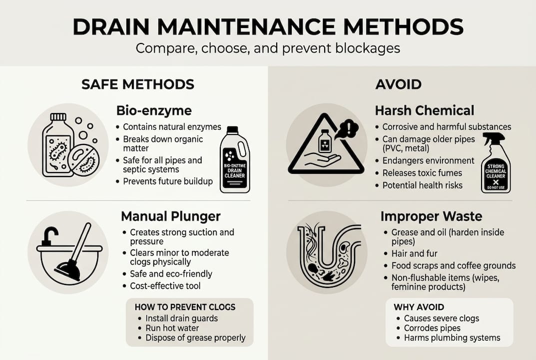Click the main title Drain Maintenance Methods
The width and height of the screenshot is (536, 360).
tap(268, 26)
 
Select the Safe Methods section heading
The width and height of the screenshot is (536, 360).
tap(138, 84)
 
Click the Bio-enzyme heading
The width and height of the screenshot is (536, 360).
tap(154, 110)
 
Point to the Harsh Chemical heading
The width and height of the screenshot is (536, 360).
tap(424, 110)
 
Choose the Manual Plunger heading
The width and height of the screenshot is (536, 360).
tap(171, 216)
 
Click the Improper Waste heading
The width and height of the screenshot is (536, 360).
tap(431, 216)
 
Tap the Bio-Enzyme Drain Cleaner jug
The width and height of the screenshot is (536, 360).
tap(234, 159)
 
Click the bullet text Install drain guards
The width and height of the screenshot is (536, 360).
tap(181, 318)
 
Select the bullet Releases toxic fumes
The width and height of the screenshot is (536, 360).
tap(422, 173)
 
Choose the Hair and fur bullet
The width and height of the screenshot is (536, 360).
tap(415, 253)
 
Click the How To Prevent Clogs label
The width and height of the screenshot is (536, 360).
tap(185, 306)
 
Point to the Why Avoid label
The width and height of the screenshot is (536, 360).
tap(419, 307)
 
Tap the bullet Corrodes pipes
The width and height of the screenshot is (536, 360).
tap(432, 328)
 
